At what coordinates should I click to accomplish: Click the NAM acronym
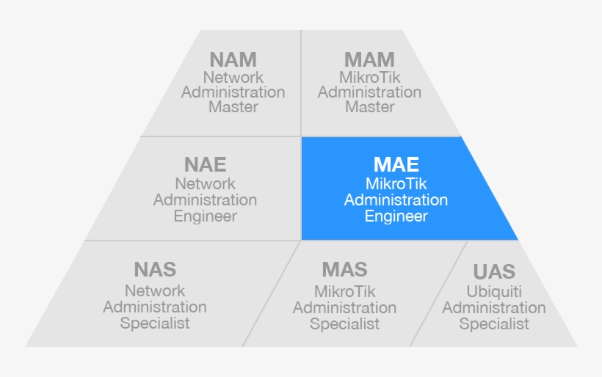(x=233, y=59)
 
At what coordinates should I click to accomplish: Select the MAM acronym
(x=369, y=59)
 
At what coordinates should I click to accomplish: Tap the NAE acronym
(x=205, y=164)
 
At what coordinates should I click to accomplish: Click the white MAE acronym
(x=396, y=164)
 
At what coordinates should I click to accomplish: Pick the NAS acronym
(x=155, y=270)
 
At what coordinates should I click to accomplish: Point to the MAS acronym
(x=344, y=270)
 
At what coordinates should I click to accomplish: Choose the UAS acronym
(x=494, y=271)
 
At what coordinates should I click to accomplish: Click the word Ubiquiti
(x=494, y=292)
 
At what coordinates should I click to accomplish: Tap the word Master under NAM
(x=233, y=107)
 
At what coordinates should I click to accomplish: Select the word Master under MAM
(x=369, y=107)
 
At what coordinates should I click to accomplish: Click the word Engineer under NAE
(x=205, y=216)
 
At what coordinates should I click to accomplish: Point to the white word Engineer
(x=396, y=216)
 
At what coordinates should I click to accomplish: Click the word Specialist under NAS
(x=155, y=323)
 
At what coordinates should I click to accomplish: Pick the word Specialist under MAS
(x=344, y=324)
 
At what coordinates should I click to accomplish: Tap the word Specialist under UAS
(x=494, y=324)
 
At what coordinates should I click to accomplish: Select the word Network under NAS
(x=155, y=291)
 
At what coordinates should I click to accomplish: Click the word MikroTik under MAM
(x=369, y=78)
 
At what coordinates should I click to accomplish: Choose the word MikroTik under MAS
(x=344, y=292)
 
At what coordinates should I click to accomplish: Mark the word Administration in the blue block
(x=396, y=200)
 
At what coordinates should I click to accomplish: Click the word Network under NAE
(x=205, y=184)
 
